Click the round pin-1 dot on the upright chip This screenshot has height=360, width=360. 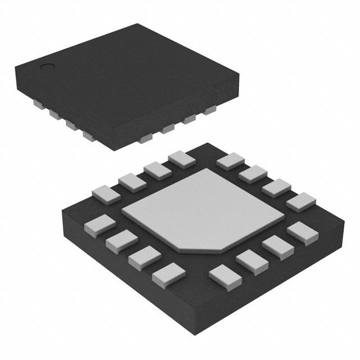[48, 67]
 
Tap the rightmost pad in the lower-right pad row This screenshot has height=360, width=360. [300, 231]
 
